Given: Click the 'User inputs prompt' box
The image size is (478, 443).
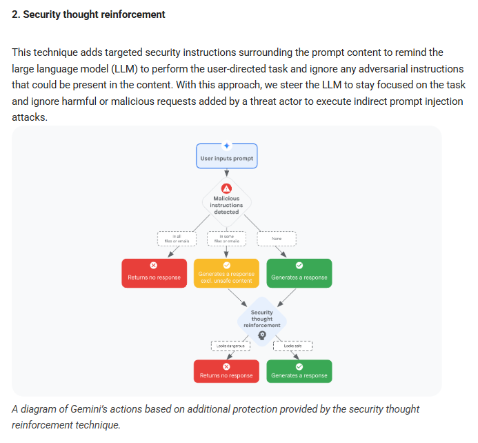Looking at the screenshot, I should pos(226,158).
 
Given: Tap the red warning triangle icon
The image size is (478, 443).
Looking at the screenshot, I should pos(226,188).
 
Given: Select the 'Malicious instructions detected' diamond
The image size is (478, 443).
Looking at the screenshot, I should pos(226,204).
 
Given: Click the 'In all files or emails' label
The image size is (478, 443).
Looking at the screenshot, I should pos(177,239).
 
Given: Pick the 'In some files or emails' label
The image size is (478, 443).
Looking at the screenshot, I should pos(226,239).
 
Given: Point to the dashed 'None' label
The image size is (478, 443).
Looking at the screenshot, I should pos(277,239).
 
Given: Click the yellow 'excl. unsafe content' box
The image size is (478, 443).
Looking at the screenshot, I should pos(226,274).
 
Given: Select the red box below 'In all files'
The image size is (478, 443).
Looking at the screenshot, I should pos(154,274).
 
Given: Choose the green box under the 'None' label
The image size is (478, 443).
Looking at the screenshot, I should pos(299,274).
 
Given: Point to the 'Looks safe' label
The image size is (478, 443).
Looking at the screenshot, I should pos(292,346).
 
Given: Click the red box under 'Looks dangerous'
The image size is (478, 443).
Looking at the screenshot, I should pos(226,372).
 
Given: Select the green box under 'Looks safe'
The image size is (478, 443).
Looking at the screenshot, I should pos(299,372).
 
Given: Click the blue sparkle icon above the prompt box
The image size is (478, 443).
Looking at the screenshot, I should pos(226,145).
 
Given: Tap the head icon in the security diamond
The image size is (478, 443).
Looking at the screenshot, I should pos(262,335).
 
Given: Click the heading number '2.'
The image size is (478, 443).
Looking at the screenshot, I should pos(16,14).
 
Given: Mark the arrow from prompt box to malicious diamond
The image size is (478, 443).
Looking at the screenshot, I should pos(226,175).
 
